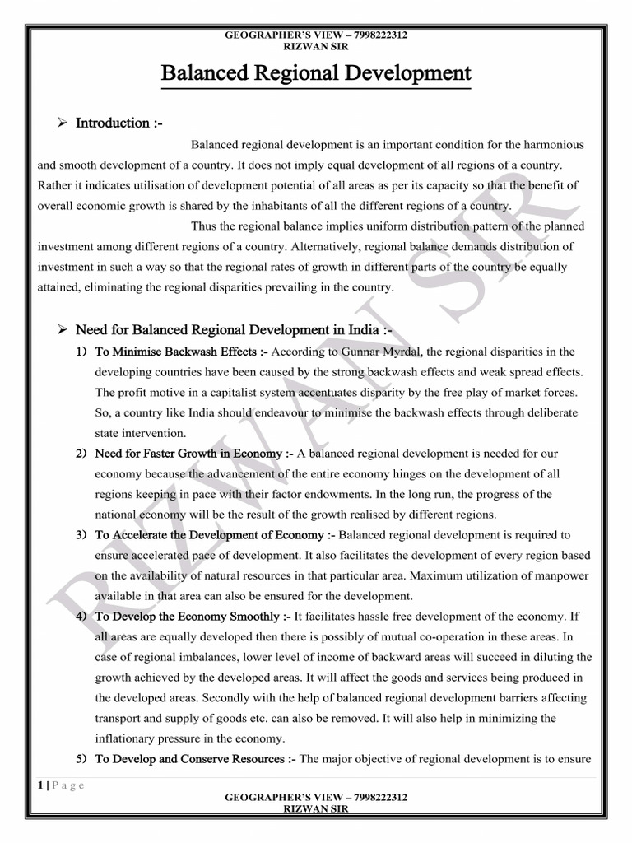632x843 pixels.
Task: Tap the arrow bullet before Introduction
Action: point(62,123)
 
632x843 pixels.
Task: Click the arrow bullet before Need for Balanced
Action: point(62,330)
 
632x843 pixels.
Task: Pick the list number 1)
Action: point(81,352)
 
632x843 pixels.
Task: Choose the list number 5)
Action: point(81,758)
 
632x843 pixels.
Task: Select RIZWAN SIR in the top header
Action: point(316,46)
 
